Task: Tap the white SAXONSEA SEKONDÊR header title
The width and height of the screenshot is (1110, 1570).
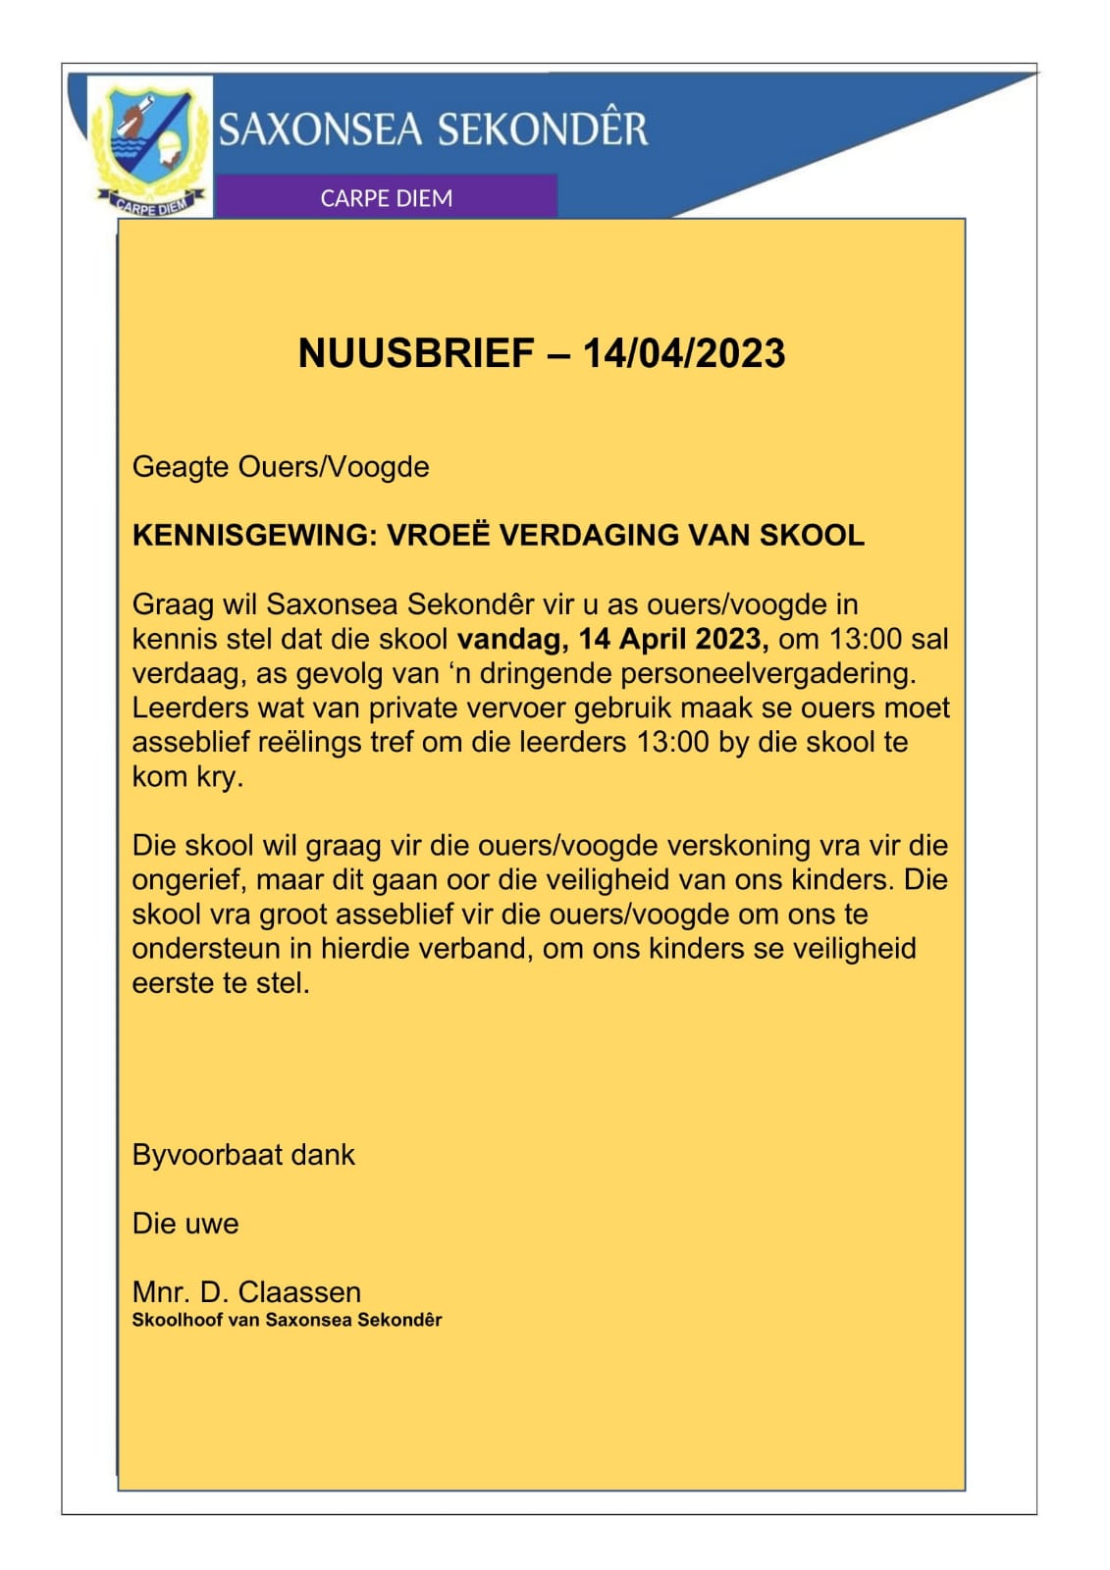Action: click(x=433, y=130)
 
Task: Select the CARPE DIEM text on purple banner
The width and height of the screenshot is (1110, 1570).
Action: click(x=387, y=198)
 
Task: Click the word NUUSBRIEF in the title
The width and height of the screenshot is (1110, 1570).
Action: click(x=416, y=353)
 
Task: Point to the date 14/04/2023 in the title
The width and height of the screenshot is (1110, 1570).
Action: click(x=684, y=353)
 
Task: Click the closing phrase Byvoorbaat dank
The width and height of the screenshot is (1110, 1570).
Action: click(x=243, y=1155)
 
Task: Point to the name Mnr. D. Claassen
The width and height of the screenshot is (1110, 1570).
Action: click(x=246, y=1291)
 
